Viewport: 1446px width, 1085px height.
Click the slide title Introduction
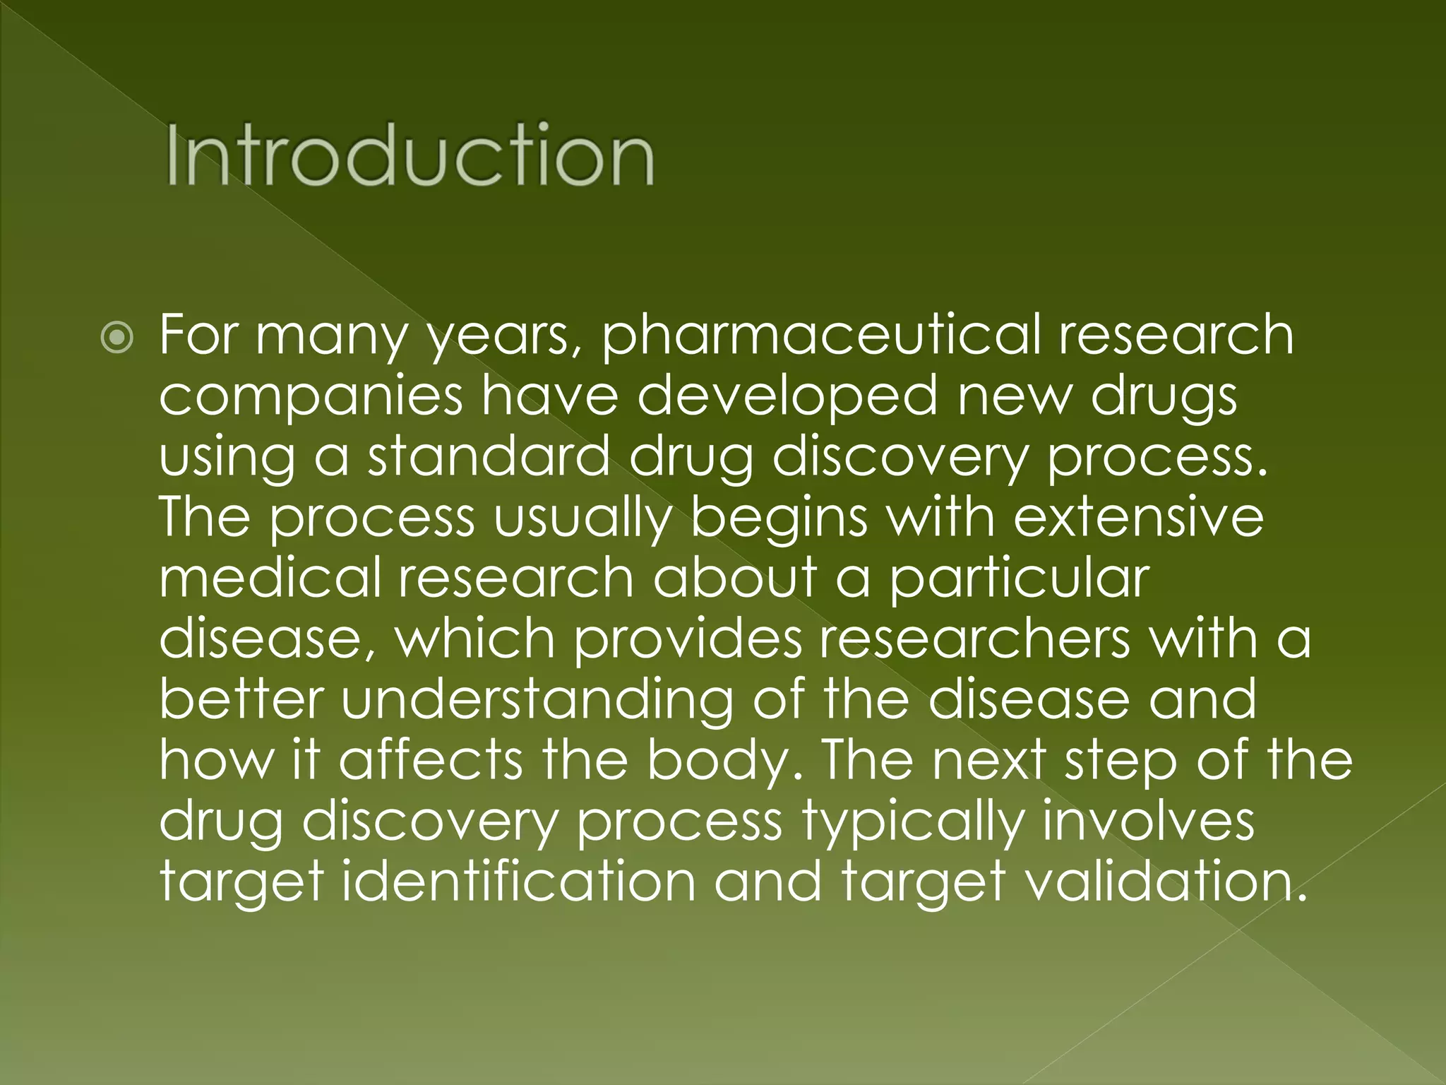pos(410,155)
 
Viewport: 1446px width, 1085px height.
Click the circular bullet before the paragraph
pos(116,338)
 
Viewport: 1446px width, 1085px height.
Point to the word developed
pos(787,396)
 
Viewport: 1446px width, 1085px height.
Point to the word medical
pos(269,578)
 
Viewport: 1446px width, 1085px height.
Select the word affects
pos(431,760)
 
